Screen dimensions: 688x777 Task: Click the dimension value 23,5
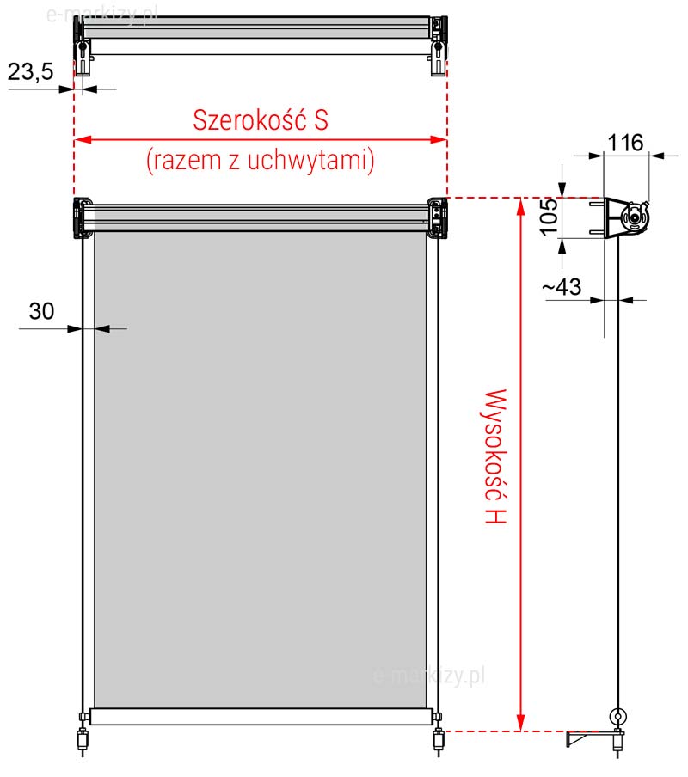[31, 72]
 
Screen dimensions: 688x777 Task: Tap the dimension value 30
[41, 311]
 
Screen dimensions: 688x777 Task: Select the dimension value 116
[625, 143]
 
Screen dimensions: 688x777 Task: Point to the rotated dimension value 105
[549, 217]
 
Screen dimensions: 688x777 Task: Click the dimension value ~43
[562, 286]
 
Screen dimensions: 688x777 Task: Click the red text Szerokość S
[261, 119]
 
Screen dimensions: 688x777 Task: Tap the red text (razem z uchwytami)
[261, 160]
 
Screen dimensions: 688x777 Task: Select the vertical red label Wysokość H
[495, 456]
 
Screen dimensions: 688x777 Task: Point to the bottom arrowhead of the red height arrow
[520, 723]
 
